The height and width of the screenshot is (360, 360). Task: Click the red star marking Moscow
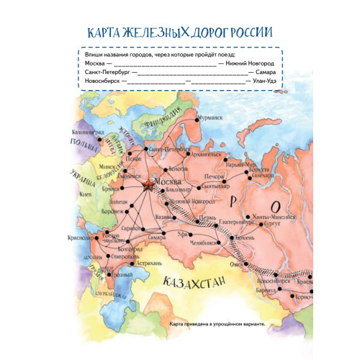(x=148, y=185)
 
